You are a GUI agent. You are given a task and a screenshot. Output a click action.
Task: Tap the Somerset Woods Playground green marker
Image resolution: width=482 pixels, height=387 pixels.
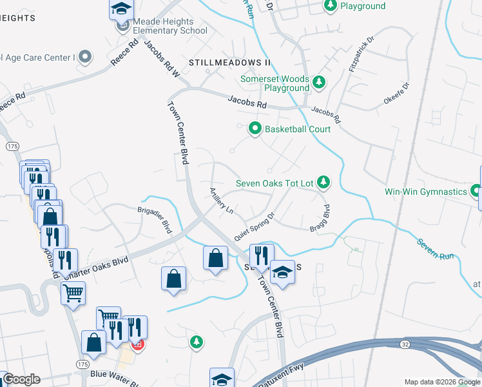click(320, 81)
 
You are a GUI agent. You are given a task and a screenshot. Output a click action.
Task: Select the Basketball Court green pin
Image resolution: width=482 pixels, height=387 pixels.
click(255, 129)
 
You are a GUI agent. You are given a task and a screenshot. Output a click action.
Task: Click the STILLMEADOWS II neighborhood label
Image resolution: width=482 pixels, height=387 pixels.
click(229, 63)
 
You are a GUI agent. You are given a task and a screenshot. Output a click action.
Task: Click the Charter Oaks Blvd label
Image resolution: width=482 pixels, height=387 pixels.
click(96, 268)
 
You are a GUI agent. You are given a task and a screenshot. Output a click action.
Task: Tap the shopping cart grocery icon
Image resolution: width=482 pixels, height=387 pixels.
click(73, 293)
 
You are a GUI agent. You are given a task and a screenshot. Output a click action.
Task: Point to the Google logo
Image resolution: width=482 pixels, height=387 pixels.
click(21, 379)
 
